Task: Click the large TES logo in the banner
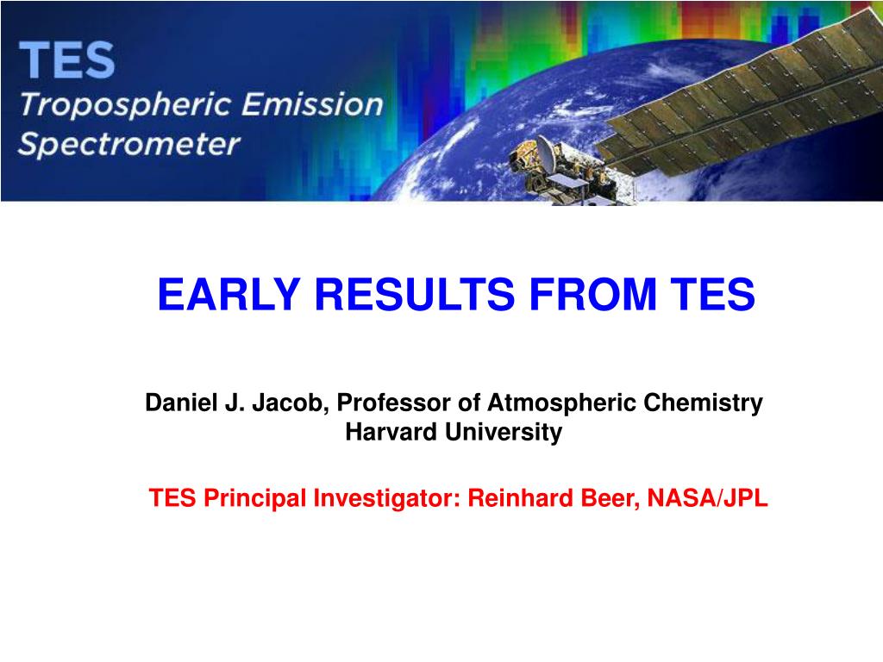coord(67,59)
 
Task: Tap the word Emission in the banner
coord(313,104)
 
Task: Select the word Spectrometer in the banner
coord(129,144)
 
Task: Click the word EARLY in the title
coord(229,294)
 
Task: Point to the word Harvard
coord(391,432)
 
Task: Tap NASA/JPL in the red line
coord(707,498)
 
